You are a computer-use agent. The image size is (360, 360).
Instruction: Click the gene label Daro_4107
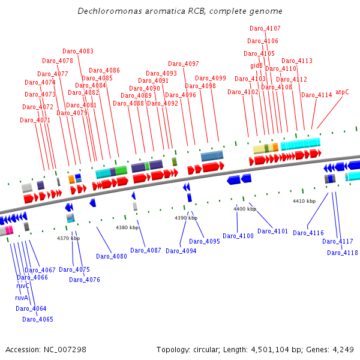(265, 28)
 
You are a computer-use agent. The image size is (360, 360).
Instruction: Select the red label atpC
(342, 92)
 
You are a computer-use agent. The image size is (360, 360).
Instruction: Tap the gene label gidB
(256, 65)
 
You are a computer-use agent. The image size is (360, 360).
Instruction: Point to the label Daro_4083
(78, 51)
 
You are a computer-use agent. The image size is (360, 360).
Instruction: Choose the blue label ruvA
(22, 297)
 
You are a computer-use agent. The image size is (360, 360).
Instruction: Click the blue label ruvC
(23, 286)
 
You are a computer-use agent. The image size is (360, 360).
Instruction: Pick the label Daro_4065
(38, 319)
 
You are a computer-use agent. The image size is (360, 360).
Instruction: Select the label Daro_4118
(343, 253)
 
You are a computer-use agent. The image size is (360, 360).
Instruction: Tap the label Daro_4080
(112, 256)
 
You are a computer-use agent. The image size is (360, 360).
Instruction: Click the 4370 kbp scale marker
(68, 238)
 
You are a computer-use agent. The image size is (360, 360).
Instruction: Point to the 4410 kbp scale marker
(304, 201)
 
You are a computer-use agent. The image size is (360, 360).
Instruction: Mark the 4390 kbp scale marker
(186, 218)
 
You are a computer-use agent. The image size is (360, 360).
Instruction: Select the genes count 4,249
(342, 349)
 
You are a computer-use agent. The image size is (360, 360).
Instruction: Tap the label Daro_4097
(184, 64)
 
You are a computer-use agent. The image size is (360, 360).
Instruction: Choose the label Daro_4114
(317, 95)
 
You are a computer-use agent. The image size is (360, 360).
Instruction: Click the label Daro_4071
(35, 120)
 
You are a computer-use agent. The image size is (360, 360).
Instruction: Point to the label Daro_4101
(273, 231)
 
